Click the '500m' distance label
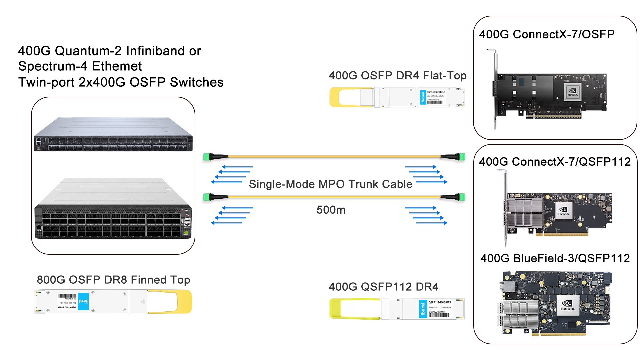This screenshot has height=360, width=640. click(x=331, y=210)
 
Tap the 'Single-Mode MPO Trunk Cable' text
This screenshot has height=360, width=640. click(x=330, y=184)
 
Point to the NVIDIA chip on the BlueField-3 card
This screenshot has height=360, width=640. click(x=567, y=305)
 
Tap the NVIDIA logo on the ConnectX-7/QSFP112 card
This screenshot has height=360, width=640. click(x=563, y=211)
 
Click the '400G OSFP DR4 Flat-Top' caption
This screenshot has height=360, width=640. click(x=397, y=76)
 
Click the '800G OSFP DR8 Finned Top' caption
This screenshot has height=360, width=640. click(x=113, y=280)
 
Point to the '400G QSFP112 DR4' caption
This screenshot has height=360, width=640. click(x=383, y=287)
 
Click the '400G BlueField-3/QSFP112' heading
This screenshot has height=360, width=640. click(x=555, y=258)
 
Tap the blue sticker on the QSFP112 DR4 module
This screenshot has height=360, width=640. click(x=423, y=309)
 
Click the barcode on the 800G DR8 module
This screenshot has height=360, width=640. click(x=67, y=296)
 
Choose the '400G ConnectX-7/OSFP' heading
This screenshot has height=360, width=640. click(x=547, y=34)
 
